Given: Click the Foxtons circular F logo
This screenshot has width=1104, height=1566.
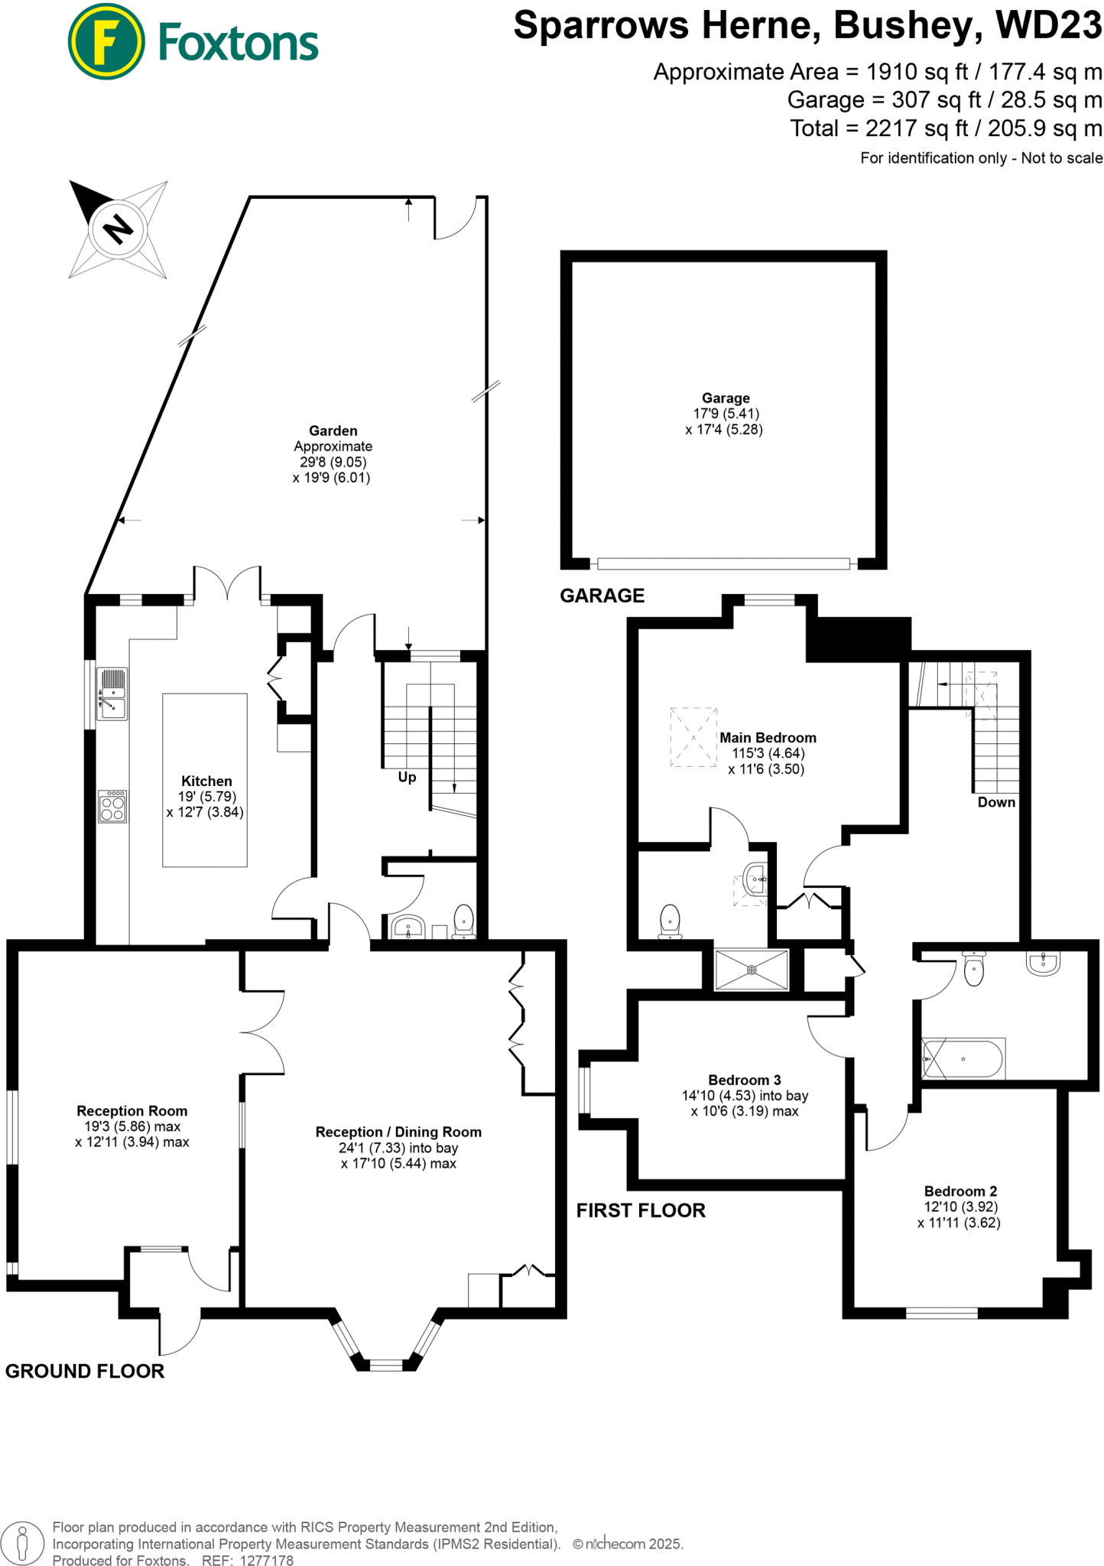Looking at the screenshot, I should [106, 41].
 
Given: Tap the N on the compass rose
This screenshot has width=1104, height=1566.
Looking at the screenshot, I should [118, 229].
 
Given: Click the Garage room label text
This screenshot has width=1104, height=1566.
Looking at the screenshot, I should [726, 398].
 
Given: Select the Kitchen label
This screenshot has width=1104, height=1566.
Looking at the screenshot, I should [206, 781].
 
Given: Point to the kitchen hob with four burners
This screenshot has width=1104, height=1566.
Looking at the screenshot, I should [112, 807].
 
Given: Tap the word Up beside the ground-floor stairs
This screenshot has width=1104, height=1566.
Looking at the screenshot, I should [407, 777].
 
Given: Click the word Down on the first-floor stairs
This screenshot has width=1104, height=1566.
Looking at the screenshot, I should [995, 802].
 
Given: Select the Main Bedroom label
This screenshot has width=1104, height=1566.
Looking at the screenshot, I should [768, 738].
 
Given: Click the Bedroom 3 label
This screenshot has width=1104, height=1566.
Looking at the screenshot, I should [744, 1080].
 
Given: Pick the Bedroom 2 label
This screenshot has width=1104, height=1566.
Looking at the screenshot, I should [960, 1191].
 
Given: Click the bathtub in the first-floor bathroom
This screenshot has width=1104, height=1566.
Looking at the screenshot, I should [963, 1059].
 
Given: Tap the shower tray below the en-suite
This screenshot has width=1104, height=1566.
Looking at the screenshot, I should [751, 970].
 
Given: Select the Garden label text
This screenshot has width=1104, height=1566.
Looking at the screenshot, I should [333, 430].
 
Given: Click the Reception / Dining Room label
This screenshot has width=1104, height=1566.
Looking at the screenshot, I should [398, 1132].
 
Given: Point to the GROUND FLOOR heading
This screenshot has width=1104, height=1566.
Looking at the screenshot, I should [85, 1371].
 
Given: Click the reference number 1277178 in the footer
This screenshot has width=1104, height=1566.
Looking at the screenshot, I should [266, 1561].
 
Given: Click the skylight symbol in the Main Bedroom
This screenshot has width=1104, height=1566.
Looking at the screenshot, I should [693, 737].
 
